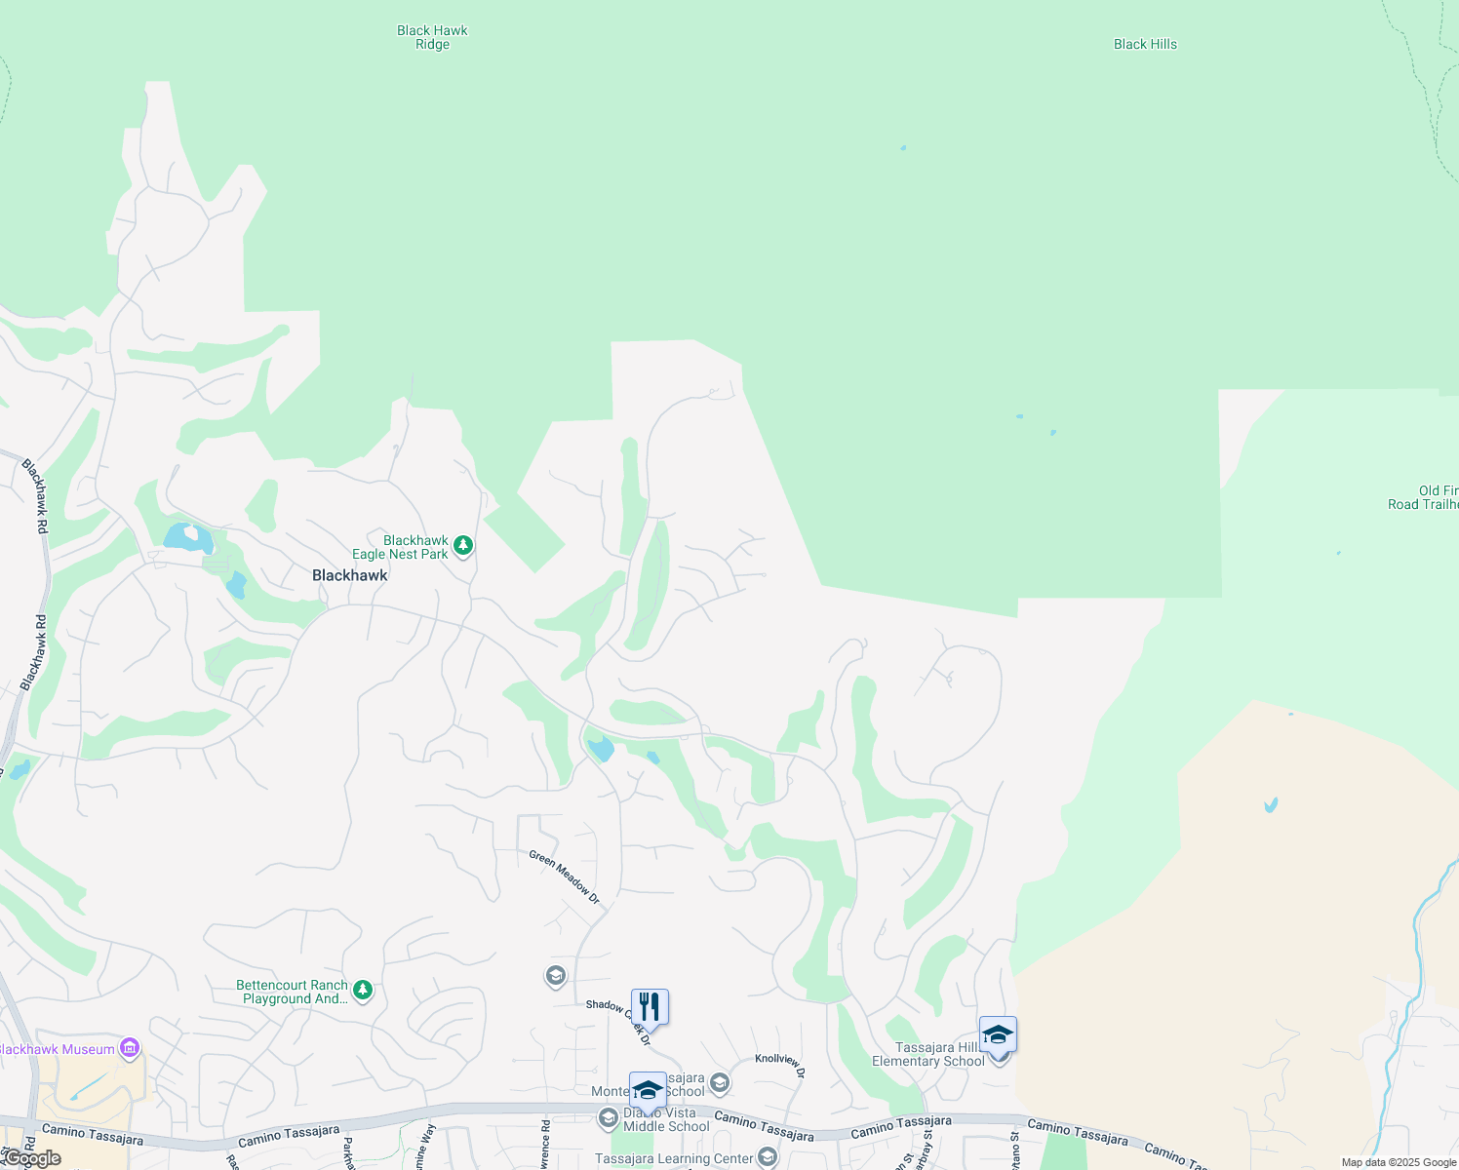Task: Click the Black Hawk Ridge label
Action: point(432,37)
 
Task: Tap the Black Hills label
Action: point(1145,44)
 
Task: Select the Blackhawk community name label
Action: point(349,575)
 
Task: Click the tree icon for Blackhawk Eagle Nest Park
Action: point(463,545)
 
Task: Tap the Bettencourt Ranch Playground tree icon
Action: point(363,991)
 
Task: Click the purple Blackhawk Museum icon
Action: point(130,1049)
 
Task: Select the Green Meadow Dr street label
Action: point(565,877)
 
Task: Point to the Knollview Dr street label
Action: point(779,1065)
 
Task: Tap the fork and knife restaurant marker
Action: point(650,1006)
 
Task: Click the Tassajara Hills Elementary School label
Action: point(927,1054)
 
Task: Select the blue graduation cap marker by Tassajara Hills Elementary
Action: point(998,1034)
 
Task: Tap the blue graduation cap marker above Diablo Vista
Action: point(648,1089)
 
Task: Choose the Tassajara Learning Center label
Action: point(674,1158)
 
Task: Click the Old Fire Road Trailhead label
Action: point(1423,497)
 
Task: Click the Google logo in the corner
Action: point(31,1158)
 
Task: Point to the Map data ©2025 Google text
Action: point(1399,1162)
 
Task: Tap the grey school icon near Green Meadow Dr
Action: point(556,975)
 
